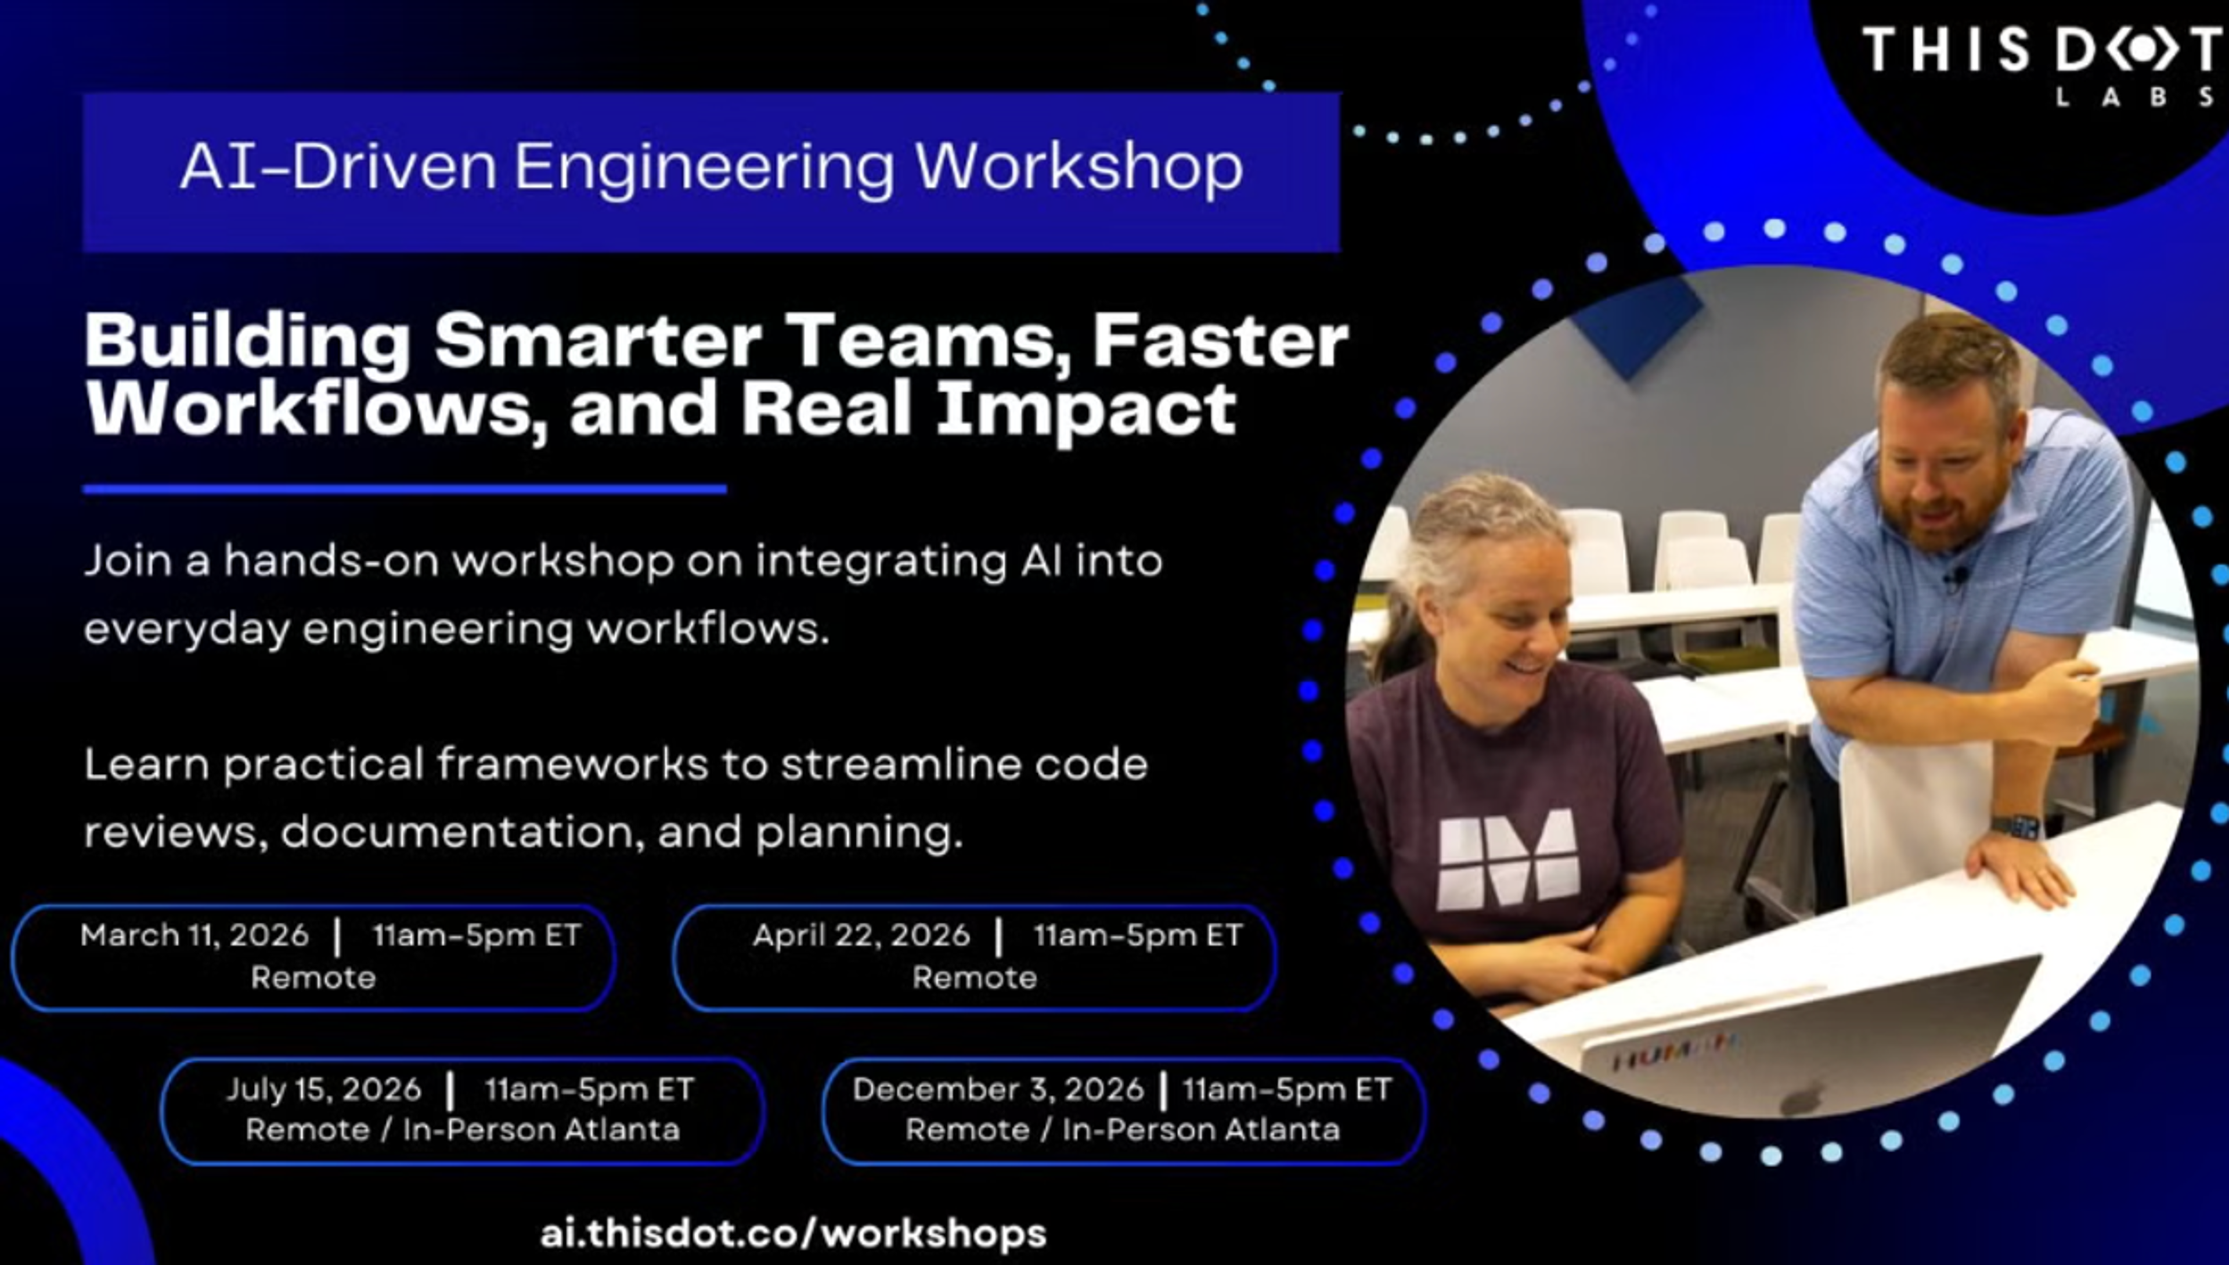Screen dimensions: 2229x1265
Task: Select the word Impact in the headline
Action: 1086,410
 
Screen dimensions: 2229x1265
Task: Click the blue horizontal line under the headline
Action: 404,489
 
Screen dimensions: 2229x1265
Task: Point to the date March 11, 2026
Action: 194,935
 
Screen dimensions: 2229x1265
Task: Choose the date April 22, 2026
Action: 861,935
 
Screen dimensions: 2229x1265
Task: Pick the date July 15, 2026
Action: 323,1089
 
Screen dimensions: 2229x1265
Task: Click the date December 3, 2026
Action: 997,1089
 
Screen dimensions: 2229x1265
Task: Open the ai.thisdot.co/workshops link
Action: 793,1234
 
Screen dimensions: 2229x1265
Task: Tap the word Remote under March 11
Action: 313,978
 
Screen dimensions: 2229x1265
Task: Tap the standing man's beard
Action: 1954,513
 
